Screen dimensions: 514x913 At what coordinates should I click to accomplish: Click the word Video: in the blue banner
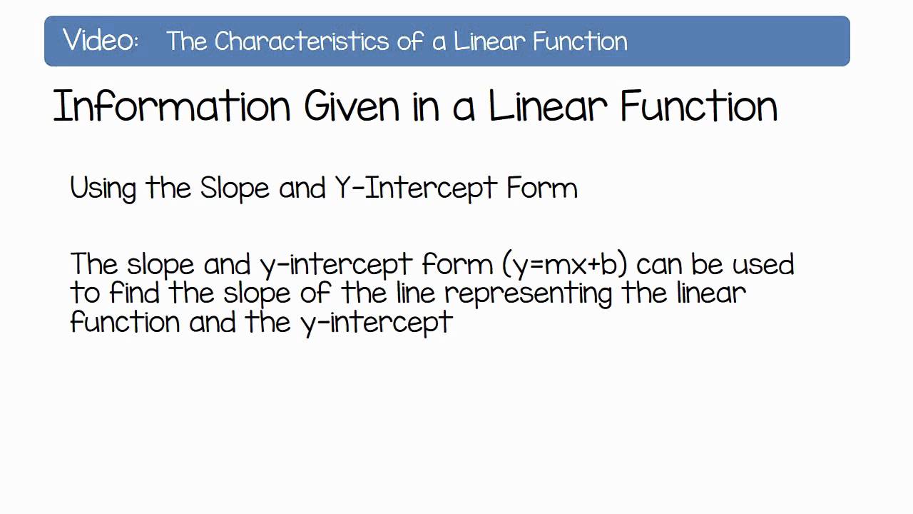(x=101, y=41)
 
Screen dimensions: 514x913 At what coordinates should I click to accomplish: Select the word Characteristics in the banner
(x=302, y=41)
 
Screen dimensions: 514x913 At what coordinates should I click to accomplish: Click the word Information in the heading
(x=171, y=107)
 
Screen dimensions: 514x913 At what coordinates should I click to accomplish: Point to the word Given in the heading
(x=352, y=107)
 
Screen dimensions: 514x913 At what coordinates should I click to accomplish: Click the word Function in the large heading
(x=699, y=107)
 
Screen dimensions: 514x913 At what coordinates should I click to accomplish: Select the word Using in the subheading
(x=103, y=189)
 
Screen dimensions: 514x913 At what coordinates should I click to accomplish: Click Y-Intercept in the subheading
(x=416, y=189)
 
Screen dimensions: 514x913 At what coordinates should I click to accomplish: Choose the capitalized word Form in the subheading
(x=542, y=188)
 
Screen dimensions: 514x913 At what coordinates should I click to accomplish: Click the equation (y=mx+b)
(x=565, y=265)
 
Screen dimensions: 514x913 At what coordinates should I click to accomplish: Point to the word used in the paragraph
(x=763, y=265)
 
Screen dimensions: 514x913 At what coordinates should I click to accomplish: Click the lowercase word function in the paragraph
(x=126, y=322)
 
